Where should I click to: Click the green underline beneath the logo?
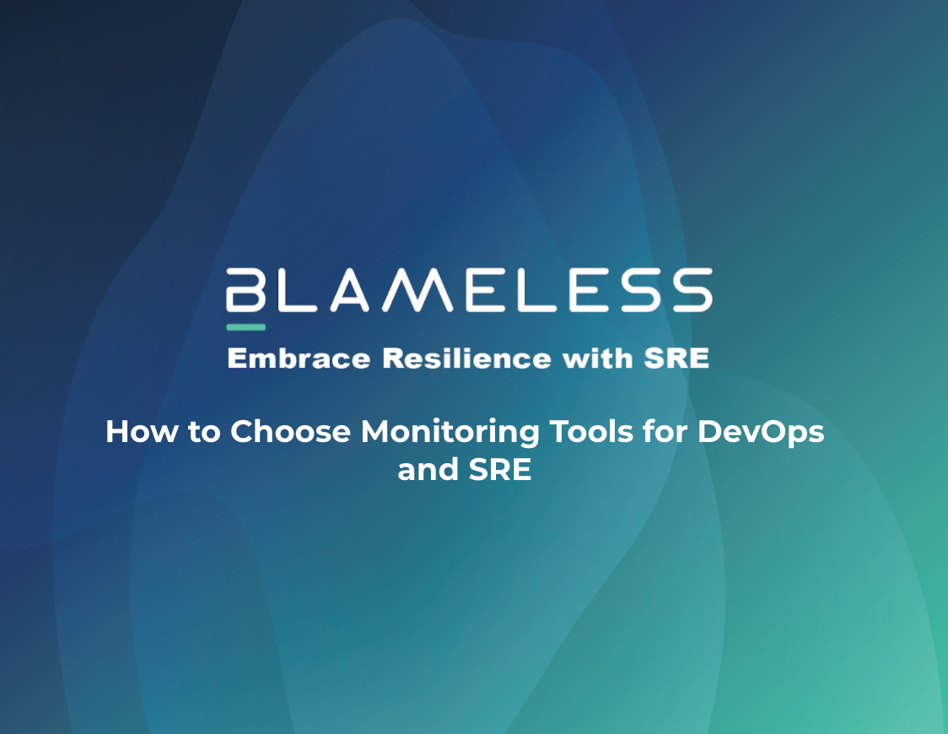click(x=245, y=327)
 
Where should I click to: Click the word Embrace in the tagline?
click(x=299, y=359)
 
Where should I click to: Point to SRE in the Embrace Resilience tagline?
click(x=676, y=359)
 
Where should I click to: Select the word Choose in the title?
click(x=291, y=432)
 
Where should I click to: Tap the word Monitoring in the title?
click(x=450, y=432)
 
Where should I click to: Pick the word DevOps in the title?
click(x=761, y=432)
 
